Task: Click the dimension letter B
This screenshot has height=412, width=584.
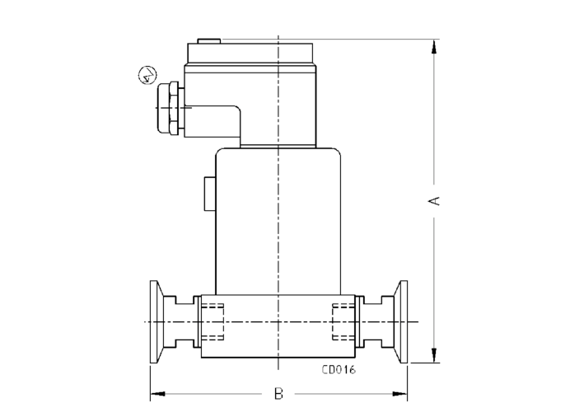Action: coord(278,395)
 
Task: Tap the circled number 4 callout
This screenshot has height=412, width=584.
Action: coord(146,76)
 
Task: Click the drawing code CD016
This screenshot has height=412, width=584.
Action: coord(338,370)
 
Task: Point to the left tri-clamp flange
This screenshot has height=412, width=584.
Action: coord(154,321)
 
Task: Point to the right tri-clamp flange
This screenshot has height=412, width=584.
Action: coord(404,321)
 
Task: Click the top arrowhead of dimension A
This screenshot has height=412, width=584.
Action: coord(434,46)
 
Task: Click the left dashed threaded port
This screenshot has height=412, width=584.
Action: coord(213,321)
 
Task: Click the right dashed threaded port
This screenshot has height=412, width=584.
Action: coord(344,321)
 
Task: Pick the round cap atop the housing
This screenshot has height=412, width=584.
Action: coord(251,53)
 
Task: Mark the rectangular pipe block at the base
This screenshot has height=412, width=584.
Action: coord(278,326)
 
